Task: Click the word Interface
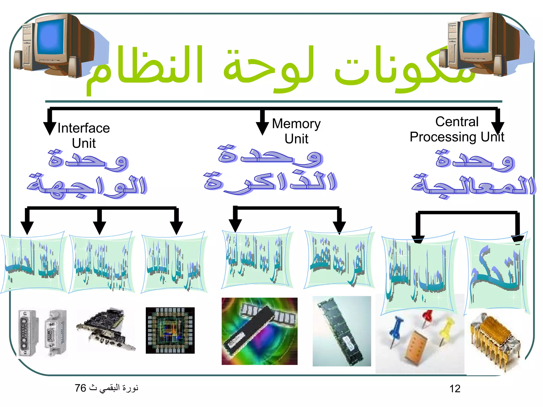point(84,128)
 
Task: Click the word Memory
point(296,124)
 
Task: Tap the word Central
point(457,122)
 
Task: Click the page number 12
point(455,389)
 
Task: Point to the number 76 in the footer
point(80,388)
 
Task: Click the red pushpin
point(427,318)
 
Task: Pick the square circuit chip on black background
point(170,330)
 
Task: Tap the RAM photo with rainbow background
point(259,331)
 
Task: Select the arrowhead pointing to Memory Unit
point(262,129)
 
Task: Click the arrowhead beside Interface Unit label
point(50,129)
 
